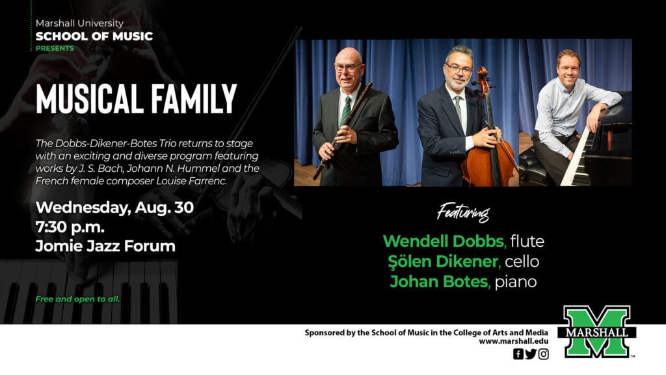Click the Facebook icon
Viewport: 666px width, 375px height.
[518, 354]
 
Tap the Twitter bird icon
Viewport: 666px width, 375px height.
[531, 354]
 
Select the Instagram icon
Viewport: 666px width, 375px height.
[544, 354]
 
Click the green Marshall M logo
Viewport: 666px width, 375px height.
[597, 331]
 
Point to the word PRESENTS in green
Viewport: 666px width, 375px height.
[55, 48]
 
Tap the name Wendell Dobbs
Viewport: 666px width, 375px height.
[444, 241]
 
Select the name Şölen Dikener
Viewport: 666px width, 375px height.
[444, 261]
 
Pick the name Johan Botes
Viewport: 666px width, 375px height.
[439, 281]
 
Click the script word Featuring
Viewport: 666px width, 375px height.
[463, 212]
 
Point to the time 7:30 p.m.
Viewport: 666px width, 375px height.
[70, 227]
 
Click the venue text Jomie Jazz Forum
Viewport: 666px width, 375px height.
[105, 245]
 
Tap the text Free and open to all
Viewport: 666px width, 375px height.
[78, 299]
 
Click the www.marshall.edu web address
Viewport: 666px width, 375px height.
[514, 341]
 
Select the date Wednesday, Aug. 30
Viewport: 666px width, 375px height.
[114, 208]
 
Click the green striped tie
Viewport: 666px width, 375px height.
[346, 111]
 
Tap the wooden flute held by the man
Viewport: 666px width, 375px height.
[342, 130]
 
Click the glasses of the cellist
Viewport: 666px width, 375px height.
[459, 68]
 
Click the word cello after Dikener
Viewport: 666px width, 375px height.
[522, 261]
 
